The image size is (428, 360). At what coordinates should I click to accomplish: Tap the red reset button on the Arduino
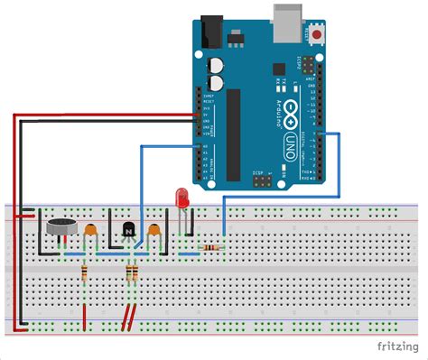(319, 36)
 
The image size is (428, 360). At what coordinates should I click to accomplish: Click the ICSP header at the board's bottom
(262, 180)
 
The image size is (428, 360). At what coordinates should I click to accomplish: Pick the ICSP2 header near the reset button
(309, 69)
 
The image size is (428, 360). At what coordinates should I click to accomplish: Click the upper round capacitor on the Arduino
(217, 64)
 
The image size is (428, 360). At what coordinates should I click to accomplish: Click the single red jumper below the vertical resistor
(86, 315)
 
